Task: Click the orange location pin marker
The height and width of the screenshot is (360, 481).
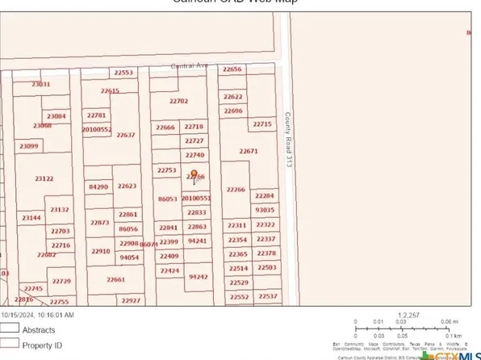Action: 194,174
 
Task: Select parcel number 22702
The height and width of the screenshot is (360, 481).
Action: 178,101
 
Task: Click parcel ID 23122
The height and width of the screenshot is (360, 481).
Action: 44,178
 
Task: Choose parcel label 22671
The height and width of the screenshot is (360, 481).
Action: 249,151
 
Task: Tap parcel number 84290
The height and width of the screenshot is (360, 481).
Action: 98,186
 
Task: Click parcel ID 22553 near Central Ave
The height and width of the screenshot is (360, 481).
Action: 123,73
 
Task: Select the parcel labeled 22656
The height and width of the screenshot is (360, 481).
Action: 232,69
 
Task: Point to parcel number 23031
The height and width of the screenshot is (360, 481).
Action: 40,84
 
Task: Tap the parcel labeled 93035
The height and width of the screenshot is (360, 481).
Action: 265,209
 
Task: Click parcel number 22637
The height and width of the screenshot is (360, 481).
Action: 126,135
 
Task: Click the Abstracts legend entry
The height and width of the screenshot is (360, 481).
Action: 37,329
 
